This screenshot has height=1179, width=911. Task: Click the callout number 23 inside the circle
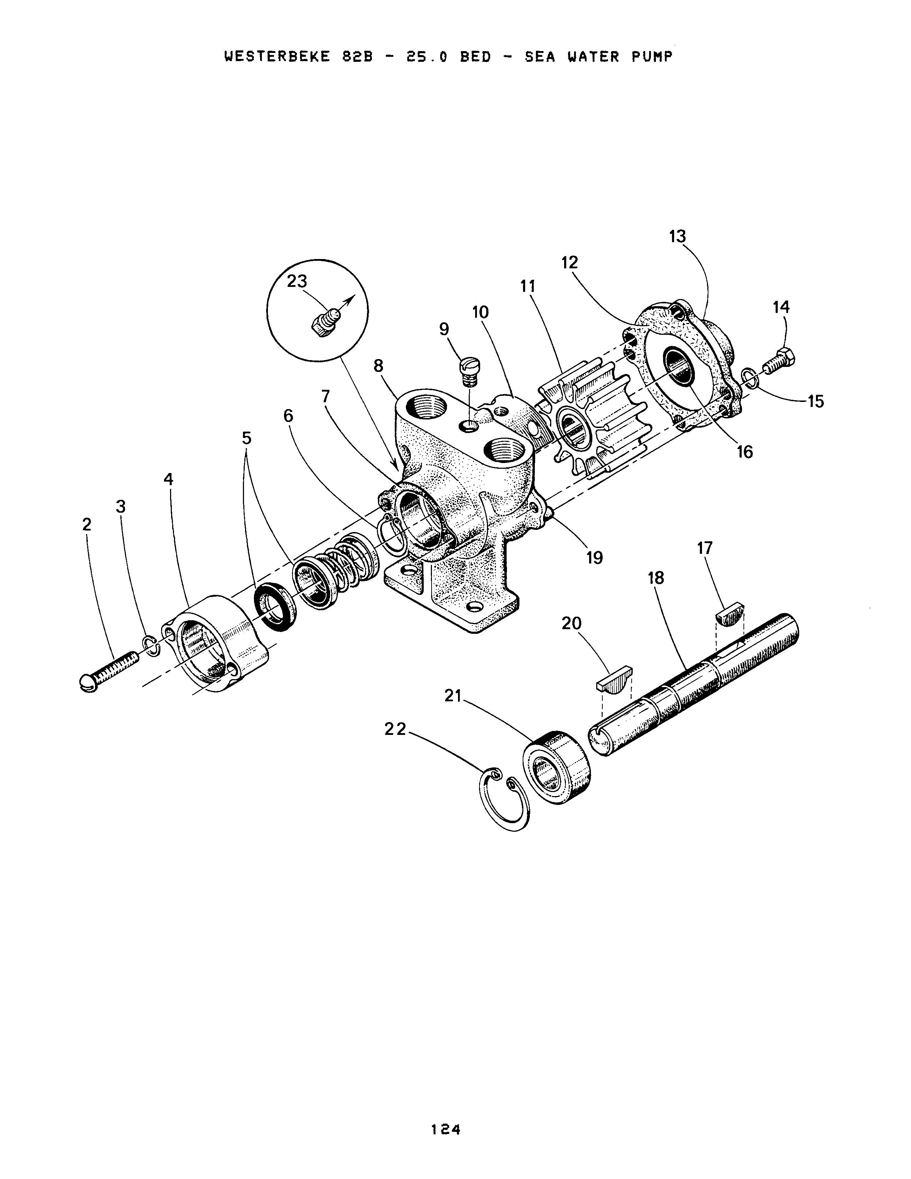[x=297, y=281]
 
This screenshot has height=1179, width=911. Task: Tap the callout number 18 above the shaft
[x=656, y=578]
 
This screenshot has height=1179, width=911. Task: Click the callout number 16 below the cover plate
[x=745, y=452]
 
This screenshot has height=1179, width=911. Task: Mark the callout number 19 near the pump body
[x=594, y=558]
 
